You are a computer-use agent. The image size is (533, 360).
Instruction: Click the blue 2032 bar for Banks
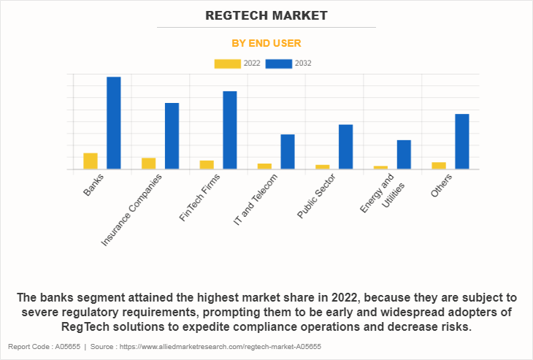[x=114, y=123]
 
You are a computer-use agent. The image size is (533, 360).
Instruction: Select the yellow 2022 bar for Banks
[x=91, y=161]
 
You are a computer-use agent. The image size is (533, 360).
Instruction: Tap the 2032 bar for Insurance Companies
[x=172, y=136]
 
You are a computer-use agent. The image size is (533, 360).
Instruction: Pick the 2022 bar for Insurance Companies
[x=148, y=164]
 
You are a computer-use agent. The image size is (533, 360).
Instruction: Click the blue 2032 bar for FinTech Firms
[x=229, y=130]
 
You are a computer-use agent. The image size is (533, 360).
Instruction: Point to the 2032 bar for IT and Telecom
[x=288, y=152]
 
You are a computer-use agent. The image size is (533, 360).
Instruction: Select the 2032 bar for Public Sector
[x=345, y=147]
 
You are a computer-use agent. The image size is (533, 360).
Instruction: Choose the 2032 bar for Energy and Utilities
[x=404, y=155]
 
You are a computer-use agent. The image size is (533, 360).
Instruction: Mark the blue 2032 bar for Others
[x=461, y=142]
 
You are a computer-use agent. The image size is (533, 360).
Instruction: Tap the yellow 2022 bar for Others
[x=438, y=166]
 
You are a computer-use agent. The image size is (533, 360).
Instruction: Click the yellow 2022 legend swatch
[x=228, y=64]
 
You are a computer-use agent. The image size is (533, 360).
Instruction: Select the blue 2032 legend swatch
[x=279, y=64]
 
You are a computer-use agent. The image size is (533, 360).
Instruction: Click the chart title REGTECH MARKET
[x=266, y=15]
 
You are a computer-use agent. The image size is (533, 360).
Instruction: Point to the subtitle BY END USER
[x=266, y=43]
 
